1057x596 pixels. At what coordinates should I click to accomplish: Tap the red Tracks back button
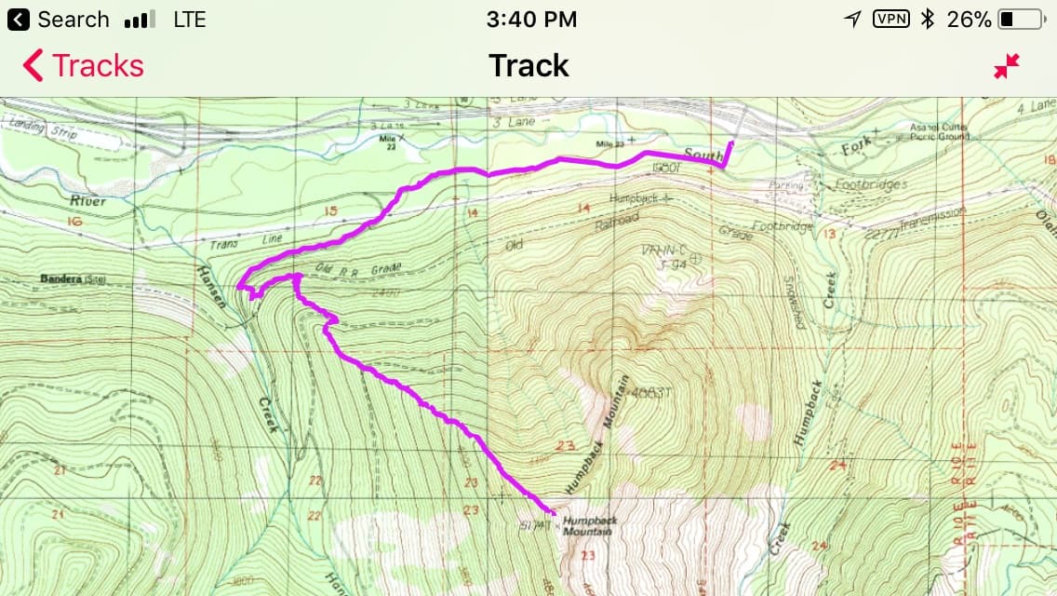click(x=83, y=66)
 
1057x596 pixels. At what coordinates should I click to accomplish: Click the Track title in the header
click(x=528, y=66)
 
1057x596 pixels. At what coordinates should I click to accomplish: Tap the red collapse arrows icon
click(x=1006, y=66)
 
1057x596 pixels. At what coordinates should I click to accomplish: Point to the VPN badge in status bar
click(x=890, y=20)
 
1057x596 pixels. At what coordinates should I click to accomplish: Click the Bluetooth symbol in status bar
click(x=927, y=20)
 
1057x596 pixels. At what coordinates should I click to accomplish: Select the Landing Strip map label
click(x=29, y=127)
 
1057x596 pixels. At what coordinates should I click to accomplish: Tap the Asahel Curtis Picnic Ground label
click(x=940, y=131)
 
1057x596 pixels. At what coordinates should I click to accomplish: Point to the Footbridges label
click(x=871, y=184)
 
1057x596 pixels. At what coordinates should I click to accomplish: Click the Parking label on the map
click(x=786, y=185)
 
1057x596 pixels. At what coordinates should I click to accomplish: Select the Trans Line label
click(x=240, y=241)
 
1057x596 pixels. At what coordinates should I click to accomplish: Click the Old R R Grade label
click(x=357, y=269)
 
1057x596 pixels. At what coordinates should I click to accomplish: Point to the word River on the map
click(x=88, y=201)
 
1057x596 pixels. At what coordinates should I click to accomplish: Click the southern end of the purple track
click(x=555, y=513)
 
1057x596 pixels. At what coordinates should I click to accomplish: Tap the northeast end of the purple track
click(x=731, y=142)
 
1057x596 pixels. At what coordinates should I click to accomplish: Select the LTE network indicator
click(x=190, y=20)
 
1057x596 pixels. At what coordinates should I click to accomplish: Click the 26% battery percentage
click(x=969, y=20)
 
